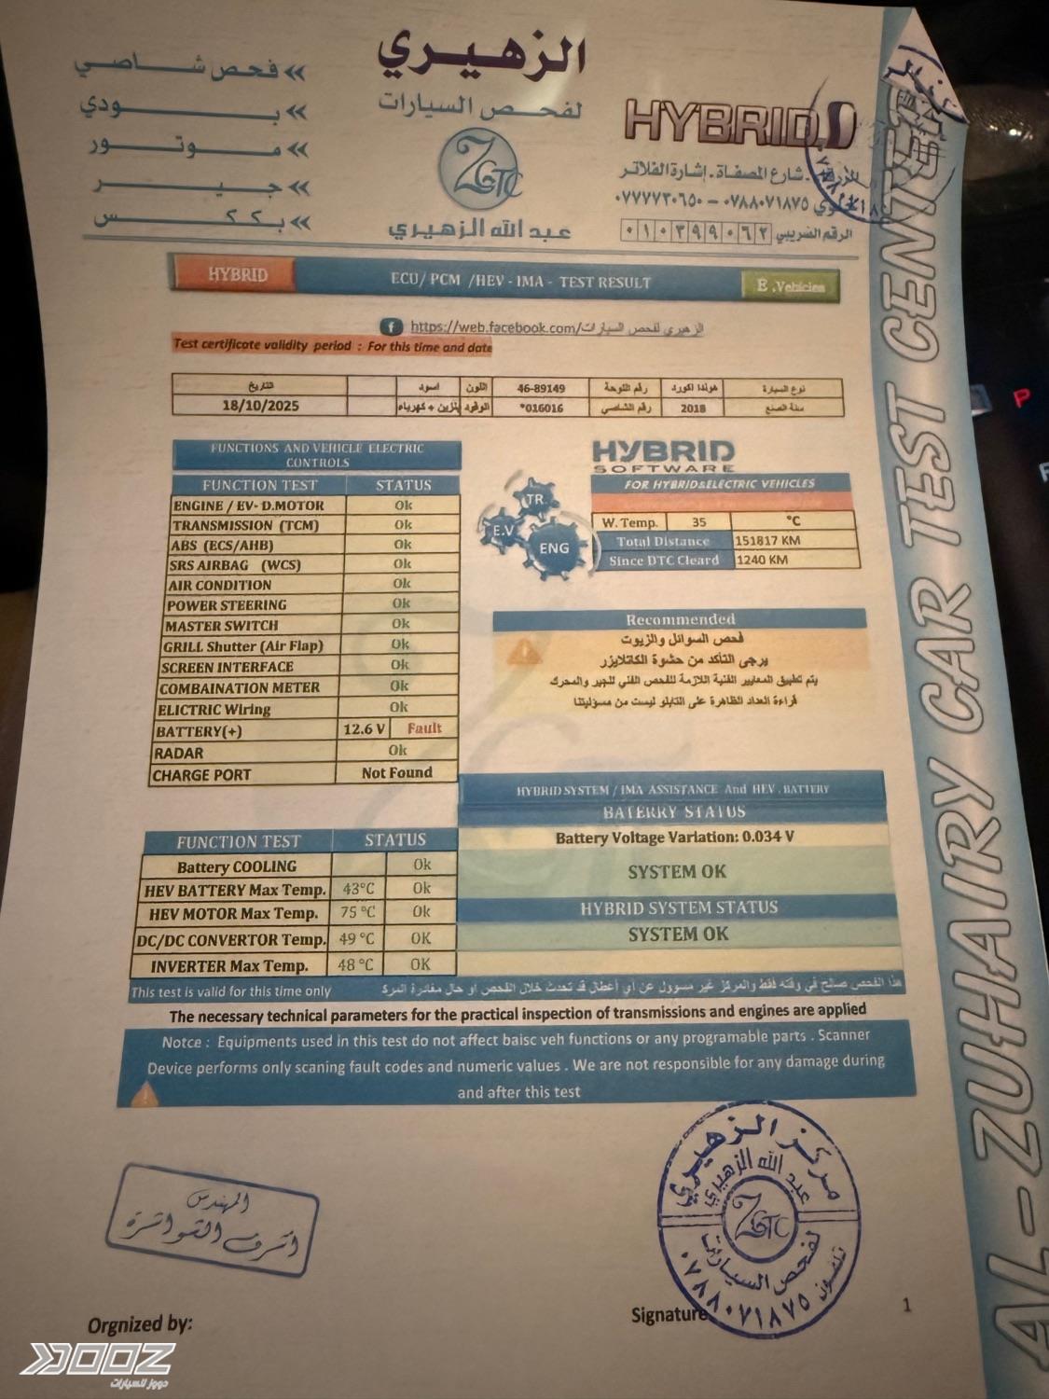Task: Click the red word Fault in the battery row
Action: click(424, 728)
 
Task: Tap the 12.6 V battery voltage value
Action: click(365, 729)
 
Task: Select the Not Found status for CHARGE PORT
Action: click(396, 772)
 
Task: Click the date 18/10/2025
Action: click(260, 406)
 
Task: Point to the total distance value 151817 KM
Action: click(767, 540)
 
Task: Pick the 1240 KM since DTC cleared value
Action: click(762, 560)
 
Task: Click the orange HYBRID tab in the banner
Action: click(237, 274)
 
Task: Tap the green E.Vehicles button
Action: click(791, 286)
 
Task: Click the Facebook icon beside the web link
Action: click(391, 327)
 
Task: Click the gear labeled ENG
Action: click(554, 548)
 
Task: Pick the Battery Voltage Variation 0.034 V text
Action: click(674, 837)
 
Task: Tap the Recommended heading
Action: click(680, 619)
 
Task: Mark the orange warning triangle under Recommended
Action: click(524, 652)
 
